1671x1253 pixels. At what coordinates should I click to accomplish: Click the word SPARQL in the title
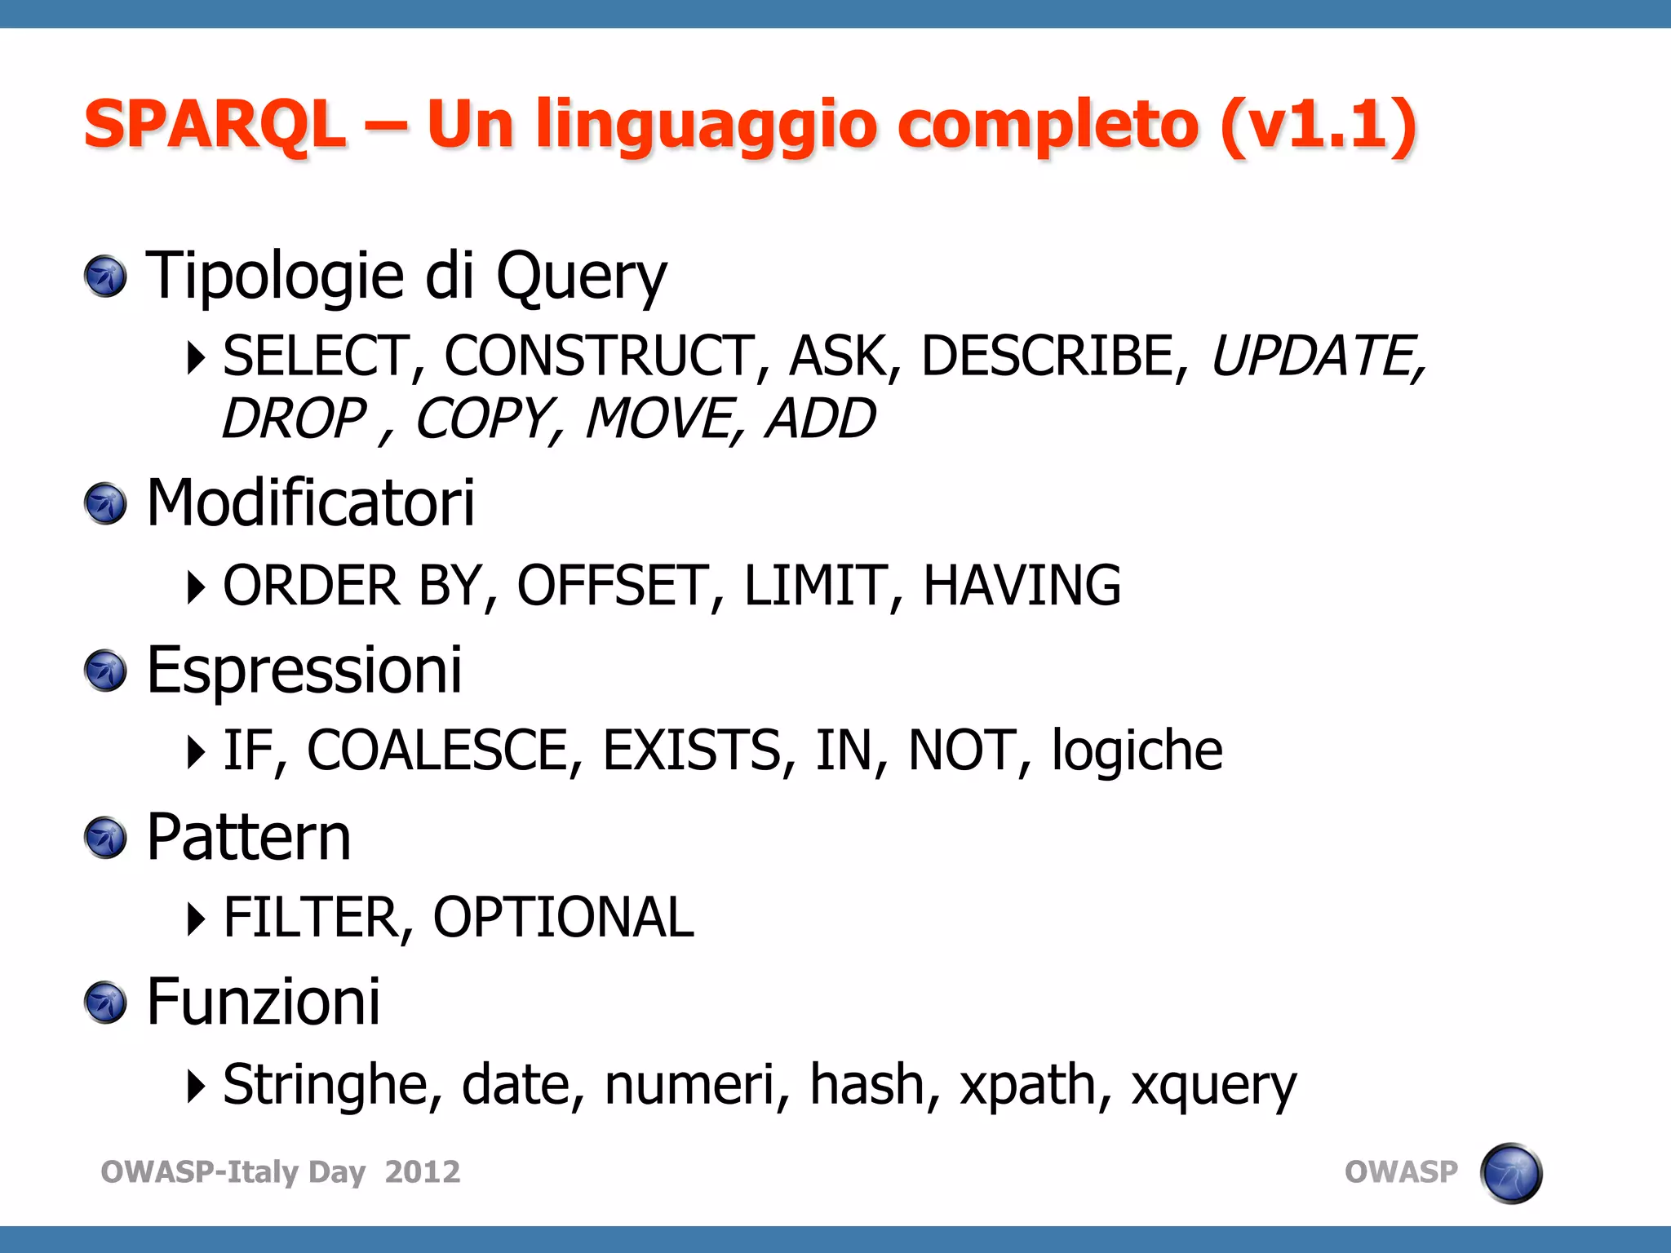[x=215, y=124]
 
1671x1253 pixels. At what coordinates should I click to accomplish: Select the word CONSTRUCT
[x=599, y=356]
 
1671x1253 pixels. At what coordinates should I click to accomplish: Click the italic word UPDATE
[x=1315, y=356]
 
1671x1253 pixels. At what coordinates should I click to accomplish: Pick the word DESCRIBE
[x=1048, y=356]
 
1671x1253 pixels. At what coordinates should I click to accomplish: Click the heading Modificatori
[x=310, y=503]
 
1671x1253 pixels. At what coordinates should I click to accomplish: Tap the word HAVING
[x=1022, y=586]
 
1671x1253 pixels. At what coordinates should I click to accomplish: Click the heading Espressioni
[x=304, y=670]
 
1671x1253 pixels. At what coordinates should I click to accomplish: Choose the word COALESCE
[x=438, y=750]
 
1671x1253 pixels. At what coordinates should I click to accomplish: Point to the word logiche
[x=1137, y=750]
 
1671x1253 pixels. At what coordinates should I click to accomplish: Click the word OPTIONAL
[x=563, y=918]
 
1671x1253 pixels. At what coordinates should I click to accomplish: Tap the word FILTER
[x=311, y=918]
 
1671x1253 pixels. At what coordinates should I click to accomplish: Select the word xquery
[x=1213, y=1086]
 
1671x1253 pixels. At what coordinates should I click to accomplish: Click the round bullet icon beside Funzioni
[x=105, y=1003]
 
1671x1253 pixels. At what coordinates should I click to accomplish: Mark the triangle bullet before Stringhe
[x=195, y=1086]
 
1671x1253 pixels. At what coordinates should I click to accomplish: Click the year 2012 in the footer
[x=423, y=1172]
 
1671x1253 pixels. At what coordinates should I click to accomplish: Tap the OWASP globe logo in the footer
[x=1510, y=1173]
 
